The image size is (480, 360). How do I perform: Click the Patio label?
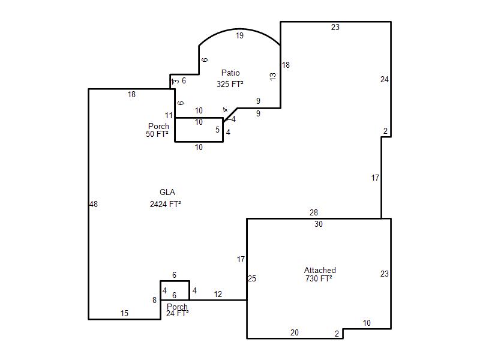230,73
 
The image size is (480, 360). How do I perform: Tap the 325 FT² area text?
230,84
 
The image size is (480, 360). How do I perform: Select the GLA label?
167,192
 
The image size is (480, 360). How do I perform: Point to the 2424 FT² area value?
166,204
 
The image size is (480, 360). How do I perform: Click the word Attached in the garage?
320,271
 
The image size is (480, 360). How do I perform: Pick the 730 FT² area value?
319,278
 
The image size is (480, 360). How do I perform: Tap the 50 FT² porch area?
157,134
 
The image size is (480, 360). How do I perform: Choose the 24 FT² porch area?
177,313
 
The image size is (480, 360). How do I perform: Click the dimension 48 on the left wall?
94,204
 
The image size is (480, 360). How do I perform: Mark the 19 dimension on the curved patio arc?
239,36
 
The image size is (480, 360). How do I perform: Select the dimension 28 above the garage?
313,212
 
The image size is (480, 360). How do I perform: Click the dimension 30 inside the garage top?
319,224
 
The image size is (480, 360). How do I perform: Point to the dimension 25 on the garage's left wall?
252,278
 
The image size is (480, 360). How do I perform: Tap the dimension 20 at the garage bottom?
294,332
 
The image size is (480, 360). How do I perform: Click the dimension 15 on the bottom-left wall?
124,313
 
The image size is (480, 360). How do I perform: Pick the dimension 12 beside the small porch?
218,294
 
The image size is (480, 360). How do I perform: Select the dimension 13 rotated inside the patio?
273,77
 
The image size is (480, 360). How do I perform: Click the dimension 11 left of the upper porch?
169,115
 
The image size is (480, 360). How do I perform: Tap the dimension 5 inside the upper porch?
217,130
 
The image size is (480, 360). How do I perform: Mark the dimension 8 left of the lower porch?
154,301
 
